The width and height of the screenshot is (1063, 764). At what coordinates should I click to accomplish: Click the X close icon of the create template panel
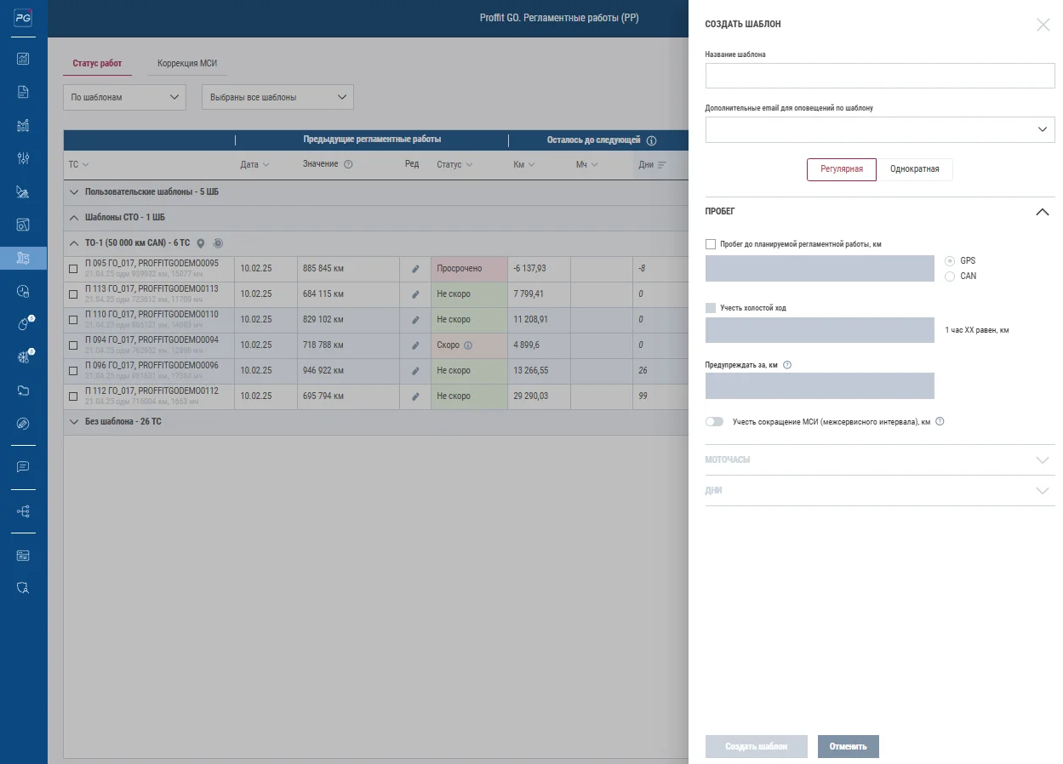pyautogui.click(x=1043, y=25)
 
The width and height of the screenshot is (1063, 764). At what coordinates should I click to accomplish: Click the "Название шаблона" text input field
pyautogui.click(x=879, y=77)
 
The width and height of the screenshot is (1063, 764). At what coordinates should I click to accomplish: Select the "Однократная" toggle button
pyautogui.click(x=914, y=169)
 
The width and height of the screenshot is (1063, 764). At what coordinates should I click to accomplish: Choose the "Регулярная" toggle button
pyautogui.click(x=841, y=169)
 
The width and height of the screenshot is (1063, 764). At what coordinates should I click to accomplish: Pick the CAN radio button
pyautogui.click(x=950, y=277)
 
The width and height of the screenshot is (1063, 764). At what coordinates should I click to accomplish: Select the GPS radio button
pyautogui.click(x=950, y=260)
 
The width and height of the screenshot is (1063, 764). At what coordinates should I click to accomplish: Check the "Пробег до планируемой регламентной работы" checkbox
pyautogui.click(x=711, y=244)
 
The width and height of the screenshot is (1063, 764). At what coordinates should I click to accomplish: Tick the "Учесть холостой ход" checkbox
pyautogui.click(x=711, y=308)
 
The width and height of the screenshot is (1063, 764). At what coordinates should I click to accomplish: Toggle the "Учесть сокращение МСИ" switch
pyautogui.click(x=714, y=422)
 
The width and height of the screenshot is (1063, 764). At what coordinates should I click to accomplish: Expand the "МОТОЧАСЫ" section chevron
pyautogui.click(x=1042, y=460)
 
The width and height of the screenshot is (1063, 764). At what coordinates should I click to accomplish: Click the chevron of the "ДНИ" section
pyautogui.click(x=1042, y=491)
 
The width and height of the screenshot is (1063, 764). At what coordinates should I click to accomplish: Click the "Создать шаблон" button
pyautogui.click(x=756, y=747)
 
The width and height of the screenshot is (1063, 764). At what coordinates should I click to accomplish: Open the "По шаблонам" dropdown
pyautogui.click(x=124, y=97)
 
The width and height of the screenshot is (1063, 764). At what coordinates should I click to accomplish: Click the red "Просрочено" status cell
pyautogui.click(x=468, y=269)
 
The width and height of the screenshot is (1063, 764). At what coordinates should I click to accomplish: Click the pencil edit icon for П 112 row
pyautogui.click(x=415, y=396)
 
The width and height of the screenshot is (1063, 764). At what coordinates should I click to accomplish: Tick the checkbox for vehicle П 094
pyautogui.click(x=73, y=345)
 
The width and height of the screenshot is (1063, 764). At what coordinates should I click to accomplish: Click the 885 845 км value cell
pyautogui.click(x=347, y=269)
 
